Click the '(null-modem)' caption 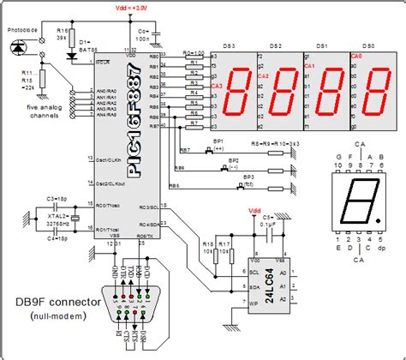click(x=53, y=317)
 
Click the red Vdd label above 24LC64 click(x=254, y=209)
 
